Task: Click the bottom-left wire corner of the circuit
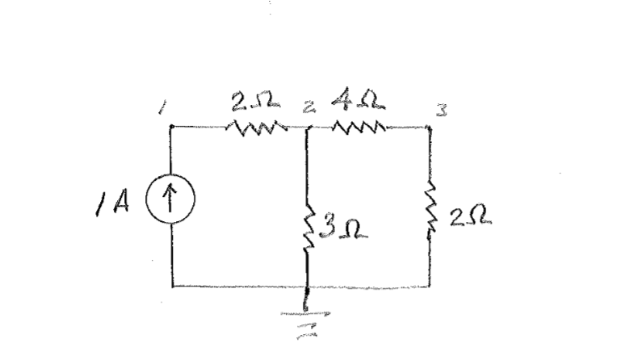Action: coord(172,286)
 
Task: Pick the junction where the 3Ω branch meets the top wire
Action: coord(308,128)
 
